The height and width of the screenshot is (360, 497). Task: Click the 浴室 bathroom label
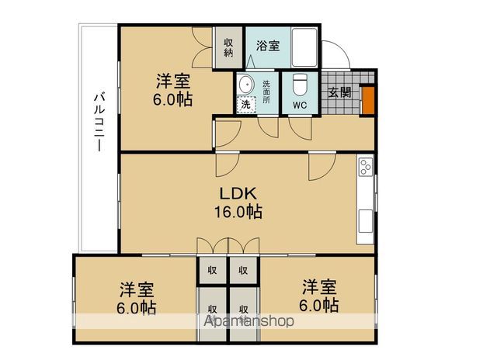[x=269, y=45]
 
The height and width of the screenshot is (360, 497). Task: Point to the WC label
[x=301, y=106]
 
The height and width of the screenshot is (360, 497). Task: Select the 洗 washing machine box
[x=245, y=105]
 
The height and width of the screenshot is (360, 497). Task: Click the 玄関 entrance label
[x=339, y=92]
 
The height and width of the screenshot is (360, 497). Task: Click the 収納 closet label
[x=229, y=47]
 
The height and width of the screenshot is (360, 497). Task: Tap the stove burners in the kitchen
[x=365, y=167]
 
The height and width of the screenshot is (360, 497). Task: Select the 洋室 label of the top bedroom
[x=173, y=81]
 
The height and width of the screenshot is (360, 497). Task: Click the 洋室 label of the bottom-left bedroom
[x=137, y=289]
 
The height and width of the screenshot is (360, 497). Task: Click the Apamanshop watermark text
[x=249, y=320]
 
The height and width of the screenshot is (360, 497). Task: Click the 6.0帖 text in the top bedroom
[x=172, y=99]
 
